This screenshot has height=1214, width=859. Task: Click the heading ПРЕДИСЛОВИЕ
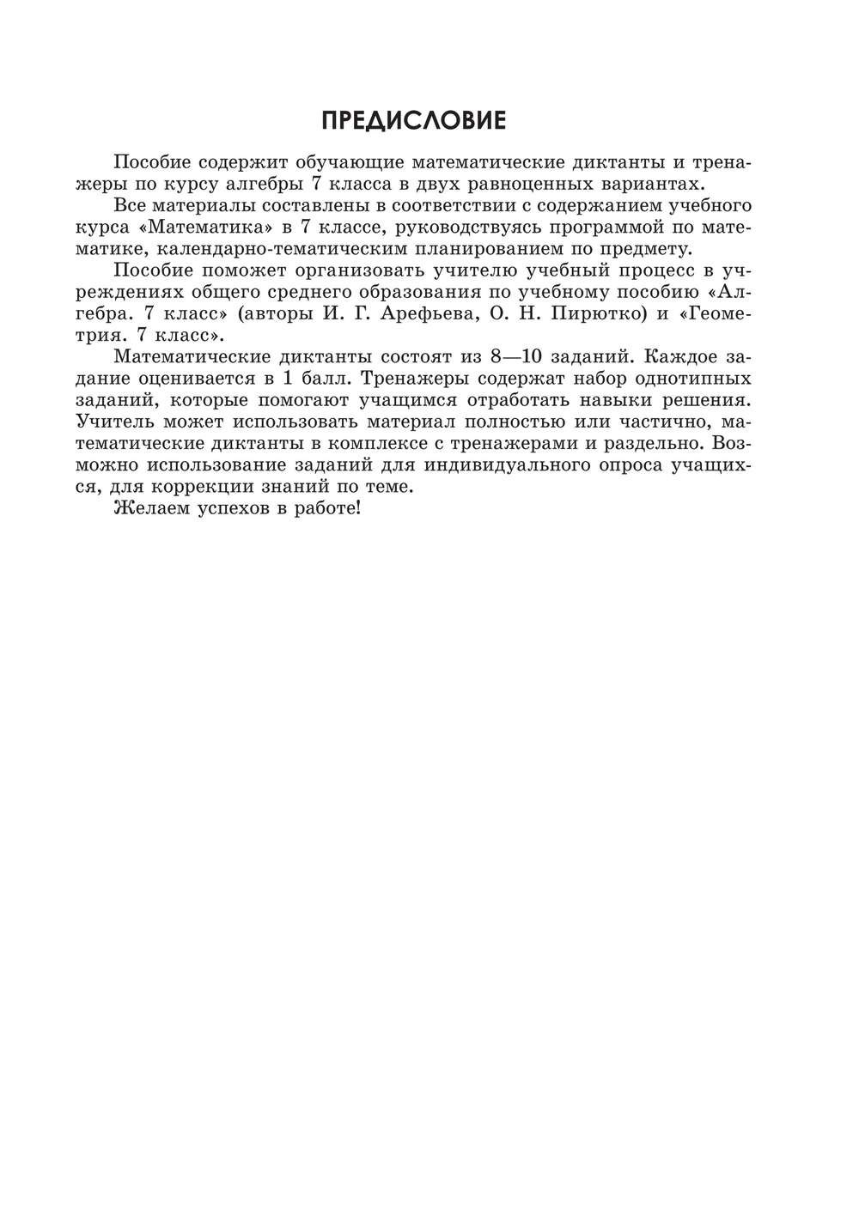pos(413,121)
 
